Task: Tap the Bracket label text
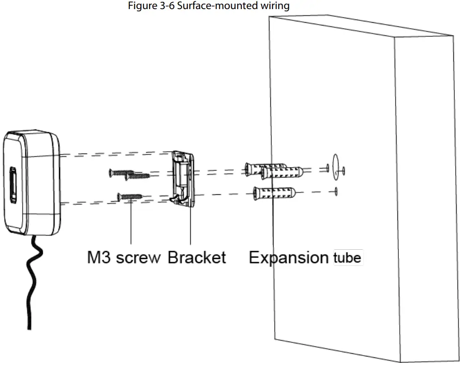coord(197,257)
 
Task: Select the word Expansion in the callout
coord(288,257)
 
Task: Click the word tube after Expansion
coord(347,258)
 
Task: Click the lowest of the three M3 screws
coord(129,196)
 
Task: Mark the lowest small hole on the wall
coord(335,190)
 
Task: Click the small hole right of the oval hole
coord(344,171)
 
